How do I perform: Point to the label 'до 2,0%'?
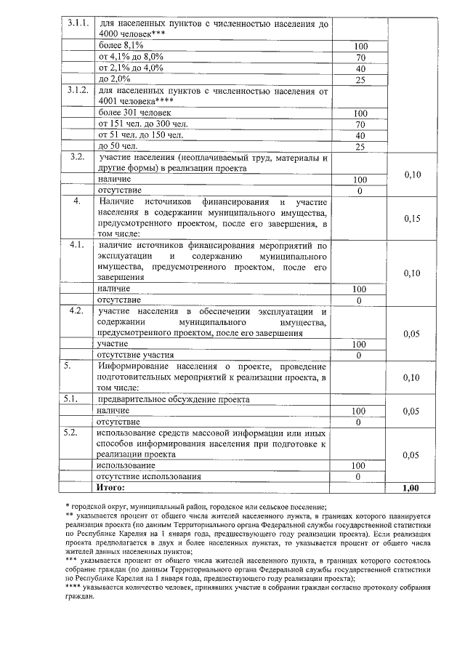pos(114,79)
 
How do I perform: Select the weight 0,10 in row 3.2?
pos(412,174)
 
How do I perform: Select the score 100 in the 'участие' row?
pos(358,344)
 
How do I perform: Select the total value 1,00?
pos(412,487)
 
